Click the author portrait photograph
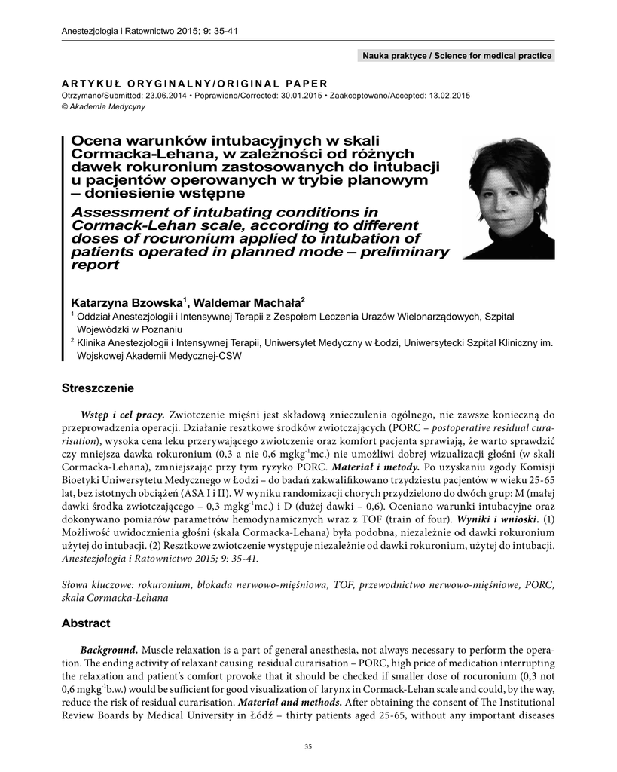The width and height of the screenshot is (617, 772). click(x=509, y=199)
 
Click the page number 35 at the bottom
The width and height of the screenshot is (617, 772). click(x=307, y=747)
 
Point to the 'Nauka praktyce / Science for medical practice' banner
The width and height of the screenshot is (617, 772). click(x=457, y=56)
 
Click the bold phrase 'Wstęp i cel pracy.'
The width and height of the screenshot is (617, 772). click(x=123, y=414)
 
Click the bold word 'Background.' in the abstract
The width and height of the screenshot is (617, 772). click(x=109, y=650)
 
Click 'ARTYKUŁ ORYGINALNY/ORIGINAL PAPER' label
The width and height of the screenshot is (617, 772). click(x=194, y=84)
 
